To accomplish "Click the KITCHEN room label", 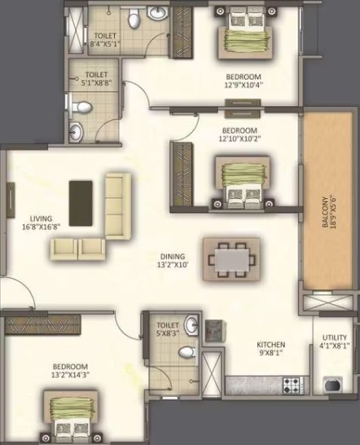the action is point(271,345).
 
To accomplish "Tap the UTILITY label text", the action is point(335,337).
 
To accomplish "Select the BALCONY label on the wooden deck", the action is point(325,212).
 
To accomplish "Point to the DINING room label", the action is point(173,257).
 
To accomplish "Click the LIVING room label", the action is point(42,218).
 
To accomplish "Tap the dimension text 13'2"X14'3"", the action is point(70,375).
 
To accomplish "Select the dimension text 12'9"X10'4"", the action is point(244,85).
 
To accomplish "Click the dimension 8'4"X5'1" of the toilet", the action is point(105,44).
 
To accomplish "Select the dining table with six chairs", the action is point(231,260).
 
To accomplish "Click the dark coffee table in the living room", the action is point(81,204).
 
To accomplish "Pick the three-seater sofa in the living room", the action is point(118,206).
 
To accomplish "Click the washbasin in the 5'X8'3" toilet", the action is point(191,325).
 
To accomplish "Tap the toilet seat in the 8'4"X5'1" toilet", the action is point(133,18).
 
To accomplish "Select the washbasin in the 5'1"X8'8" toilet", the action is point(76,131).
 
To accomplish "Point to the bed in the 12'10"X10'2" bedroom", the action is point(243,183).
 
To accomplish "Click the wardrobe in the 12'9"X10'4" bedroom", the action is point(183,32).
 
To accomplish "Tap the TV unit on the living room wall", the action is point(11,200).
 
